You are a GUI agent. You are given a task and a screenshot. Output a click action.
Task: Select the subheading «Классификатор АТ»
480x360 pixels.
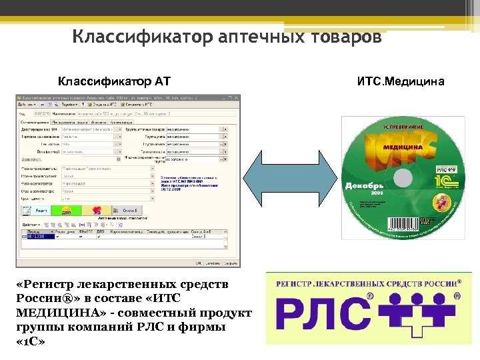point(114,82)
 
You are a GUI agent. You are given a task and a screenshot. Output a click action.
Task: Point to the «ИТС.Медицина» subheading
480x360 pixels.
point(399,82)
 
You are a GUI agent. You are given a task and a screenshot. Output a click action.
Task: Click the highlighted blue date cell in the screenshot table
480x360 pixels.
point(35,236)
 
